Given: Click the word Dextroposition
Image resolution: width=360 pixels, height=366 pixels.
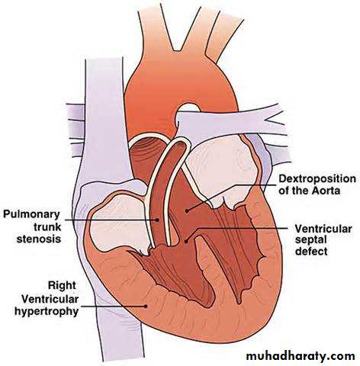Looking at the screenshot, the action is (317, 179).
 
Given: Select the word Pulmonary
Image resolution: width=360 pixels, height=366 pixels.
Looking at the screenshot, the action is (31, 215).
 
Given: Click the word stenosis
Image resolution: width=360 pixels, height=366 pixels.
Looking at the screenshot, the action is (39, 239).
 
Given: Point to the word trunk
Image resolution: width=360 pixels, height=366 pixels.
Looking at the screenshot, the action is (47, 227).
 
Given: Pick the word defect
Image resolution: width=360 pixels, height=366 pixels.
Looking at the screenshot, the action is (311, 252).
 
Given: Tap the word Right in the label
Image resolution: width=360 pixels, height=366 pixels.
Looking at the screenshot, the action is (62, 285).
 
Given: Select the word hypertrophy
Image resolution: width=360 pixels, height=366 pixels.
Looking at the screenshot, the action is (47, 311).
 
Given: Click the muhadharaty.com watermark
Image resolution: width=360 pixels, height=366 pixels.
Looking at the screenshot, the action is (301, 355).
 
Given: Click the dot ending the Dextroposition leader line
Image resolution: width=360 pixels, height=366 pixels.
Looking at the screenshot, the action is (187, 210).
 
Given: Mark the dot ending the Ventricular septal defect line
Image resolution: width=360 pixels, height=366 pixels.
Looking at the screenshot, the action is (186, 242).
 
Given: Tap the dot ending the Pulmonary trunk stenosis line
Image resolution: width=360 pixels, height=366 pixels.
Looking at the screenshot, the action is (158, 220).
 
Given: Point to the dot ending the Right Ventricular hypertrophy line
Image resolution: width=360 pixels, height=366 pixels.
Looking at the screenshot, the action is (146, 306).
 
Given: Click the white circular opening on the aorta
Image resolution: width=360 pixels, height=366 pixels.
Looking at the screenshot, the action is (188, 108).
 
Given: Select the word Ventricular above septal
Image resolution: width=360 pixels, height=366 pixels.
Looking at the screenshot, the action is (323, 229).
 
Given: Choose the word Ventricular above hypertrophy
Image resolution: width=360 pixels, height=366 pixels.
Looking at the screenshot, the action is (50, 299).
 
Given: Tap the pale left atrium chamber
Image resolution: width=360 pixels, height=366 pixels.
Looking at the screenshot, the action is (220, 166).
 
